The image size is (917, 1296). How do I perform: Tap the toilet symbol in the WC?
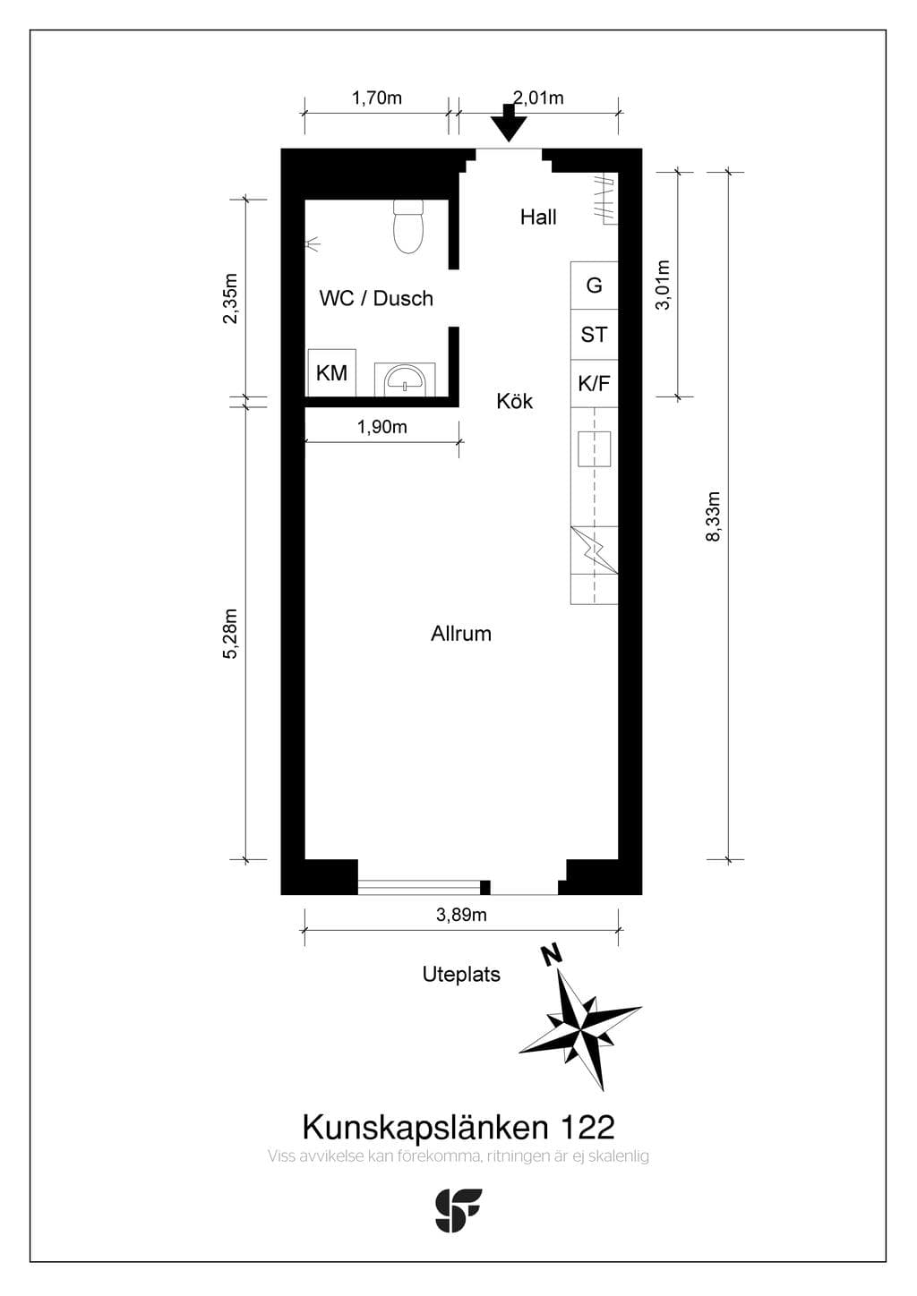(x=408, y=226)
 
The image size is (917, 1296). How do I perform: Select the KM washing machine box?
(x=331, y=372)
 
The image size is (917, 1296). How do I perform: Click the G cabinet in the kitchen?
(x=594, y=286)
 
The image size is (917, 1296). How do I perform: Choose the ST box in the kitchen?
(x=594, y=335)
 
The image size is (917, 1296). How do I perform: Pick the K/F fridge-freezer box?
(x=594, y=383)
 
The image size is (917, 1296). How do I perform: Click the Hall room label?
(x=538, y=217)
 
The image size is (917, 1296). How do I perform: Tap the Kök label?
(x=514, y=401)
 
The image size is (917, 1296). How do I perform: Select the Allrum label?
(x=461, y=634)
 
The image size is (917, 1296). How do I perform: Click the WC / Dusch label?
(x=376, y=299)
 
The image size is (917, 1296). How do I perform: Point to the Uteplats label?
(x=461, y=975)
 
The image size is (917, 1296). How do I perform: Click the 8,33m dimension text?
(x=713, y=516)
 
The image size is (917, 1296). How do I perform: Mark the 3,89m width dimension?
(x=461, y=915)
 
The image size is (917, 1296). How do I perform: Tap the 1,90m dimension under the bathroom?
(x=382, y=428)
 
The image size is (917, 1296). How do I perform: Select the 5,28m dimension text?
(x=230, y=634)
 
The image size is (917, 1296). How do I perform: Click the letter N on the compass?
(x=551, y=955)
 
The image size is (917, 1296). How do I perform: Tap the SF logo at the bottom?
(x=458, y=1210)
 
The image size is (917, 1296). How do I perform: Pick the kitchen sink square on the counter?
(x=594, y=449)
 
